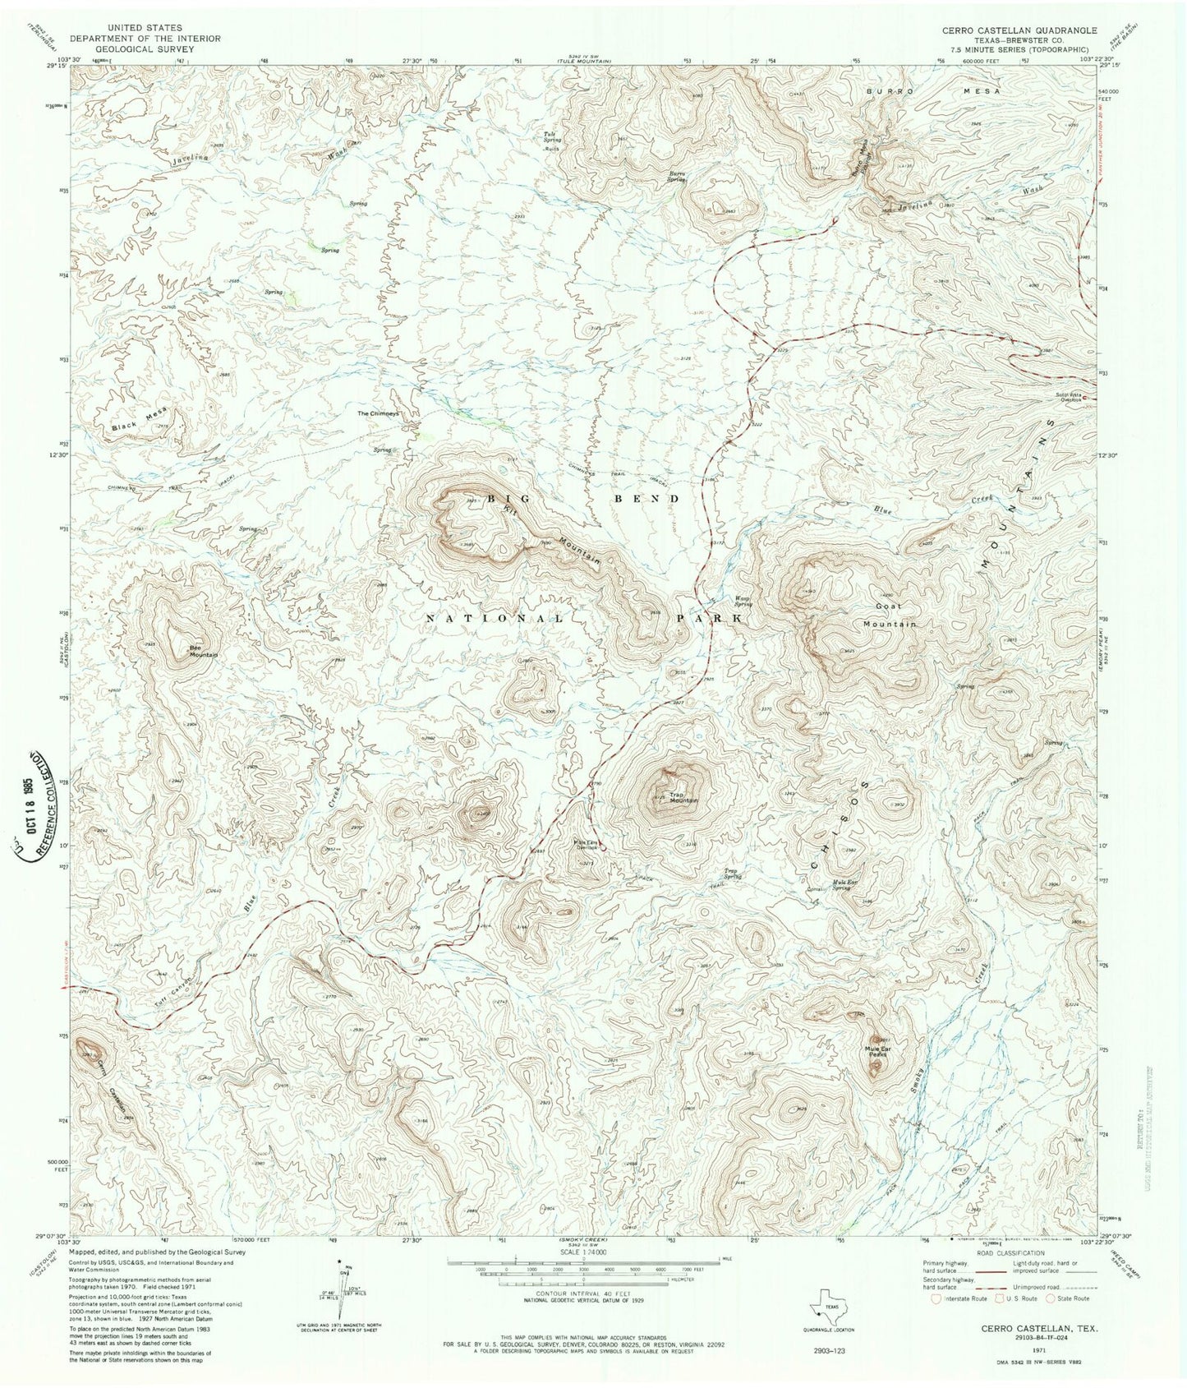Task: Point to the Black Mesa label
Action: pyautogui.click(x=138, y=422)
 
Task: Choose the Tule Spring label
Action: pyautogui.click(x=553, y=140)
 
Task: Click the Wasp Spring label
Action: pyautogui.click(x=743, y=601)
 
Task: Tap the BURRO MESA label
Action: pyautogui.click(x=932, y=91)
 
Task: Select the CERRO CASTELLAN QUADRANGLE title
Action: pyautogui.click(x=1019, y=30)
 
